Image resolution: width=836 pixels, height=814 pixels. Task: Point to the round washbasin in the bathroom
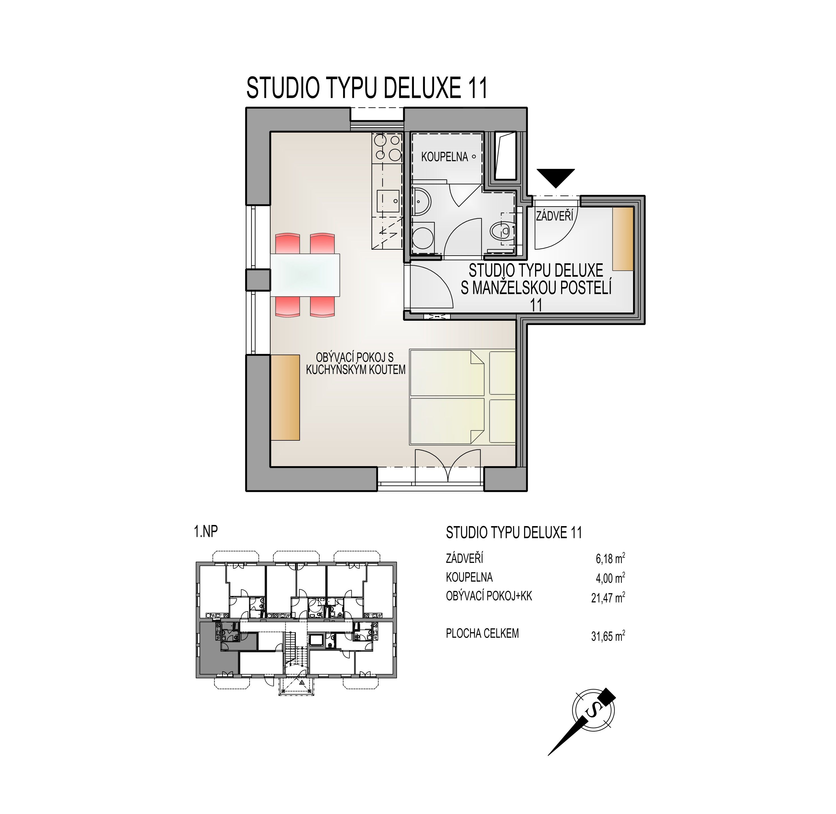click(x=422, y=201)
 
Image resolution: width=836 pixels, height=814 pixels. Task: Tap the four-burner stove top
click(x=387, y=147)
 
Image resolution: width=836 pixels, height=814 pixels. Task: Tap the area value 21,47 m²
click(x=608, y=598)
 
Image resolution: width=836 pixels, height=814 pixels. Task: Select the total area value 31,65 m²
click(x=608, y=637)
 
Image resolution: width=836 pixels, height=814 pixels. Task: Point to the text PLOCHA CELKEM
click(x=482, y=634)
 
